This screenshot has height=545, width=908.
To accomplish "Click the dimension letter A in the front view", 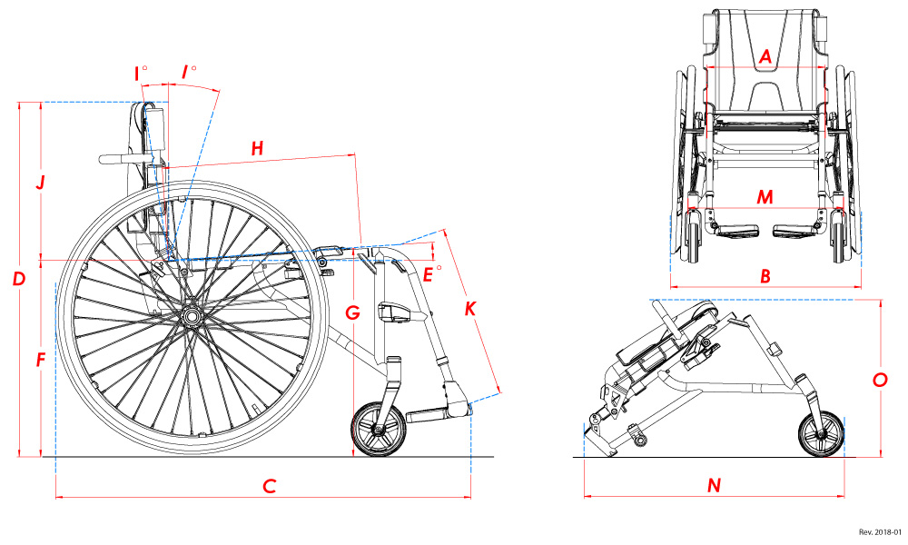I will click(765, 56).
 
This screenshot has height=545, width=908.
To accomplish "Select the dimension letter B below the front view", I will click(765, 274).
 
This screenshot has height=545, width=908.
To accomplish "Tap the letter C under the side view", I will click(269, 486).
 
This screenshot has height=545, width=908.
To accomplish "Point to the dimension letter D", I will click(18, 279).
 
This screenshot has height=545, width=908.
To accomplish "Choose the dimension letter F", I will click(40, 361).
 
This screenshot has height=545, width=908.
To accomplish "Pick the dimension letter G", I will click(353, 313).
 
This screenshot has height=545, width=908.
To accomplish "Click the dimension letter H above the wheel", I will click(257, 148).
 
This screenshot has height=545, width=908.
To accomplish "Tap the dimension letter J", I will click(40, 183).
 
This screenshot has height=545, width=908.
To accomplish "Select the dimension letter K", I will click(469, 309).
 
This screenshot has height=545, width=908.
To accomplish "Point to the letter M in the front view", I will click(765, 197).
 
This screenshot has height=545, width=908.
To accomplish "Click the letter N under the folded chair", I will click(714, 486).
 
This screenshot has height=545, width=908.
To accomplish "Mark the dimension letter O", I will click(879, 381).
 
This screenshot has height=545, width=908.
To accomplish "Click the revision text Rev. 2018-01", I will click(879, 532).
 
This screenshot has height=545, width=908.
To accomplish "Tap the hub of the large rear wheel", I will click(192, 315).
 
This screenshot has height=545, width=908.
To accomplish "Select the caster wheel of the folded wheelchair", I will click(822, 433).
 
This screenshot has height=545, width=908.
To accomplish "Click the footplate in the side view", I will click(436, 416).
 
